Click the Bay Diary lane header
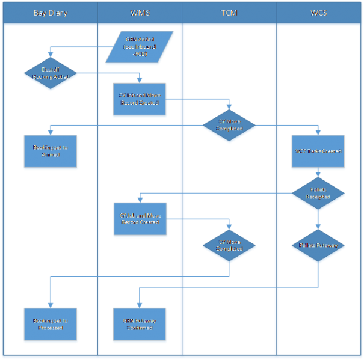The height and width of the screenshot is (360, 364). tap(49, 13)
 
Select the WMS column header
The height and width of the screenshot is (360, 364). tap(140, 13)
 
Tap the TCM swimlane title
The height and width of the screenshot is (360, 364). tap(229, 13)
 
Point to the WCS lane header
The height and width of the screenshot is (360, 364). tap(318, 13)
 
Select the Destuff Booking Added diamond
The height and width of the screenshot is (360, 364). tap(51, 73)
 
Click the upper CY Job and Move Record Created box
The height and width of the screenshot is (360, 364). tap(140, 99)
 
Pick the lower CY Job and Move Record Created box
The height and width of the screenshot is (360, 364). tap(140, 219)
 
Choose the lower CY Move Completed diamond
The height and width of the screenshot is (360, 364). tap(229, 246)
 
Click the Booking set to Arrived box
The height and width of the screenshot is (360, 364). tap(51, 152)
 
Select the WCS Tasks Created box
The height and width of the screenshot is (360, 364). tap(318, 152)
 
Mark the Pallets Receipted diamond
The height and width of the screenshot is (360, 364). tap(318, 193)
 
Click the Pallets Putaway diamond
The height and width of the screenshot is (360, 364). tap(318, 245)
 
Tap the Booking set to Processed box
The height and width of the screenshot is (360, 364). tap(51, 324)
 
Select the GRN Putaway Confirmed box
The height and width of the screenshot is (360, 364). tap(140, 324)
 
